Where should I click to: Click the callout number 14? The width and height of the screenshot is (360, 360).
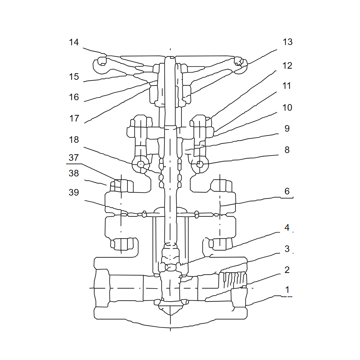click(74, 42)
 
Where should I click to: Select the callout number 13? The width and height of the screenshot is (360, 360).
click(287, 42)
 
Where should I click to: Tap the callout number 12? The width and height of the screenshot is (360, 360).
click(287, 66)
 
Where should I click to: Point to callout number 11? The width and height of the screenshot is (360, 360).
click(286, 86)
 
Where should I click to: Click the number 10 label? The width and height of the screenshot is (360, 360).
click(287, 108)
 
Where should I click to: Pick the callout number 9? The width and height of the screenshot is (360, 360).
click(287, 128)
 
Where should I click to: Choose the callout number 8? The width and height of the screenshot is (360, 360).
click(287, 150)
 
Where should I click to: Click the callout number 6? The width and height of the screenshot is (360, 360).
click(287, 191)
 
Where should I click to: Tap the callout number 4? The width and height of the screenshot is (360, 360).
click(287, 227)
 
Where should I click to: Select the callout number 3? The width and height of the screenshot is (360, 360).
click(287, 249)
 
